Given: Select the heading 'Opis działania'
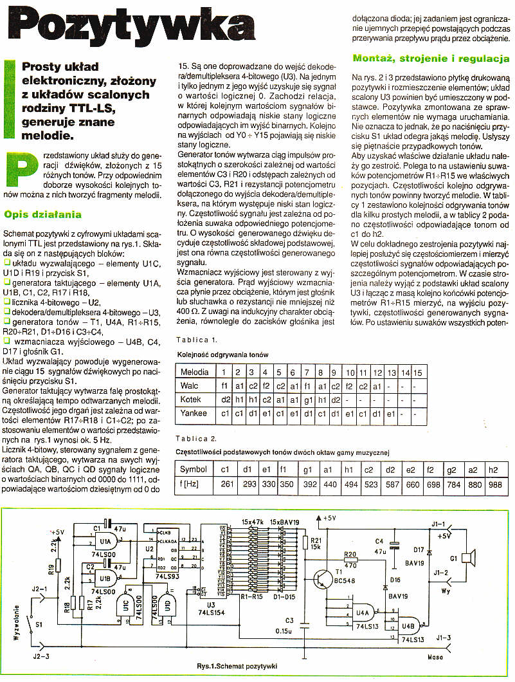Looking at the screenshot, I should coord(42,214).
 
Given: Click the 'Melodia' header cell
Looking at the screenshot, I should coord(194,372).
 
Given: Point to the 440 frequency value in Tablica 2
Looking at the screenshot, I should coord(330,483).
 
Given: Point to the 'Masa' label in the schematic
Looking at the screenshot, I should coord(437,656).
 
